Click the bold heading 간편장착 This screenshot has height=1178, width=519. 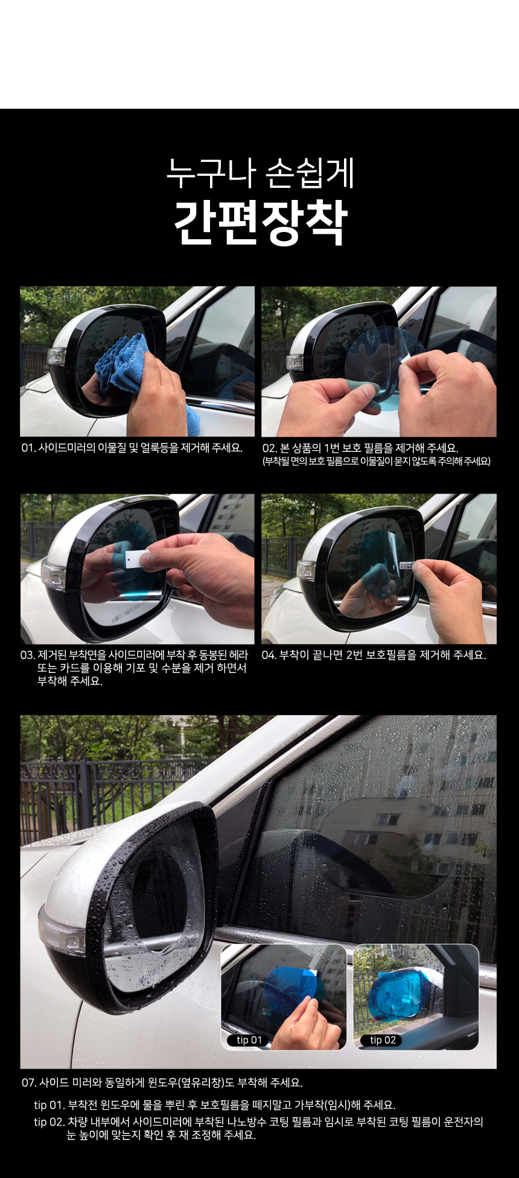click(x=261, y=222)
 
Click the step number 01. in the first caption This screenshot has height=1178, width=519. click(x=28, y=448)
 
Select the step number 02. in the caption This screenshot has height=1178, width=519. click(x=270, y=448)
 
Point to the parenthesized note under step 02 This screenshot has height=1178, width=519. click(x=377, y=462)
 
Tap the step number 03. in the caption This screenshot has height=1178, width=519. click(x=28, y=655)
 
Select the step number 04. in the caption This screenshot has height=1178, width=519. click(x=269, y=655)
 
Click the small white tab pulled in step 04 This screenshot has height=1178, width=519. click(x=409, y=566)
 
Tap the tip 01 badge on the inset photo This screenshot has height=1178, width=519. click(x=249, y=1040)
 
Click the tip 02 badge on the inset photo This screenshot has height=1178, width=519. click(x=383, y=1040)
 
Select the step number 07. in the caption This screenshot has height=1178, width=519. click(x=29, y=1083)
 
